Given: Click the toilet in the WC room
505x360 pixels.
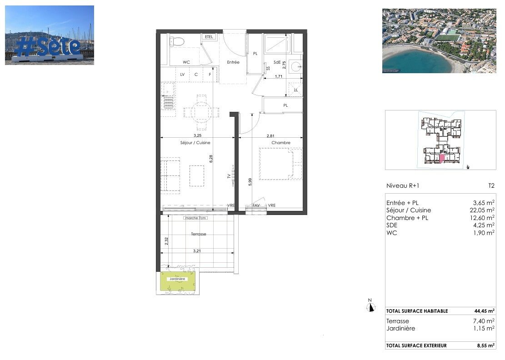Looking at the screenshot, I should point(177,42).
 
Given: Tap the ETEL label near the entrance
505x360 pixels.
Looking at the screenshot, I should point(209,37).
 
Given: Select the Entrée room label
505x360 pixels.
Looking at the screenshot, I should point(233,62).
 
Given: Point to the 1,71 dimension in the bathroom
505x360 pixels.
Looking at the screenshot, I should point(279,77).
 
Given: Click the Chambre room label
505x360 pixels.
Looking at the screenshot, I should point(281,143).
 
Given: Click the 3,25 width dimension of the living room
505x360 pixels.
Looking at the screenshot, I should point(198,135).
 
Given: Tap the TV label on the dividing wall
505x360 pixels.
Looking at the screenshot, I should point(229,177).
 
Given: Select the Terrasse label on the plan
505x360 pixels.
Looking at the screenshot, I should point(198,234).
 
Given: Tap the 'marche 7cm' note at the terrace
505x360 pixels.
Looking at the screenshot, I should point(195,218).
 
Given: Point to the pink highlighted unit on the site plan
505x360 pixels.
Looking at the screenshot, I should point(441,159).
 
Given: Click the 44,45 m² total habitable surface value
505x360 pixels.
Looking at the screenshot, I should point(485,311).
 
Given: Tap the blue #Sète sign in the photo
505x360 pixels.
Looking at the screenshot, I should point(49,47).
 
